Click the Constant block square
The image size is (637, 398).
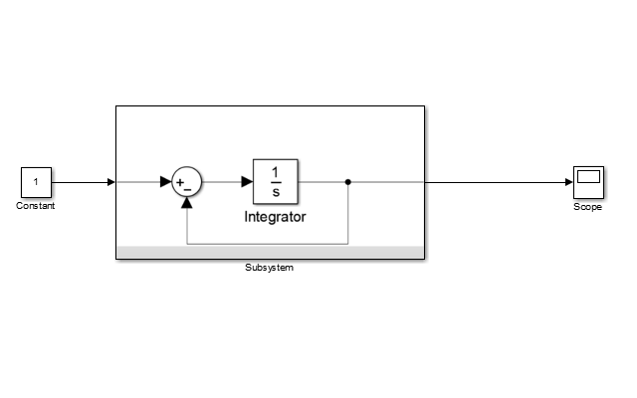pos(36,182)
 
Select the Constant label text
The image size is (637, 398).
pos(36,206)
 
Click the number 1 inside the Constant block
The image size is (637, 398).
pos(36,182)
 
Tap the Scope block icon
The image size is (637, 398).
pos(588,182)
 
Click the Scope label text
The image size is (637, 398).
pos(588,207)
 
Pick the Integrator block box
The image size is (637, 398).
pos(276,182)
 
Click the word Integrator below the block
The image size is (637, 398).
pos(276,216)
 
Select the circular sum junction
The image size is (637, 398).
pos(187,182)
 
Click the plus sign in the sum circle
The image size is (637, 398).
pos(180,182)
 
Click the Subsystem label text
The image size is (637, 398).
pos(270,268)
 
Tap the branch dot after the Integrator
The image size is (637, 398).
pos(347,182)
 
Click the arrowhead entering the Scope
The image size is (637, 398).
pos(567,182)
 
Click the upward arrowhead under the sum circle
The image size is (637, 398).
pos(187,203)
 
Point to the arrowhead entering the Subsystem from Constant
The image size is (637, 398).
pos(110,182)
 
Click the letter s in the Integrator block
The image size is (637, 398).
pos(276,192)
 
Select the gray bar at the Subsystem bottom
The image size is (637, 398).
pos(270,252)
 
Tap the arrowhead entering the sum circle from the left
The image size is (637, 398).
pos(166,182)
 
